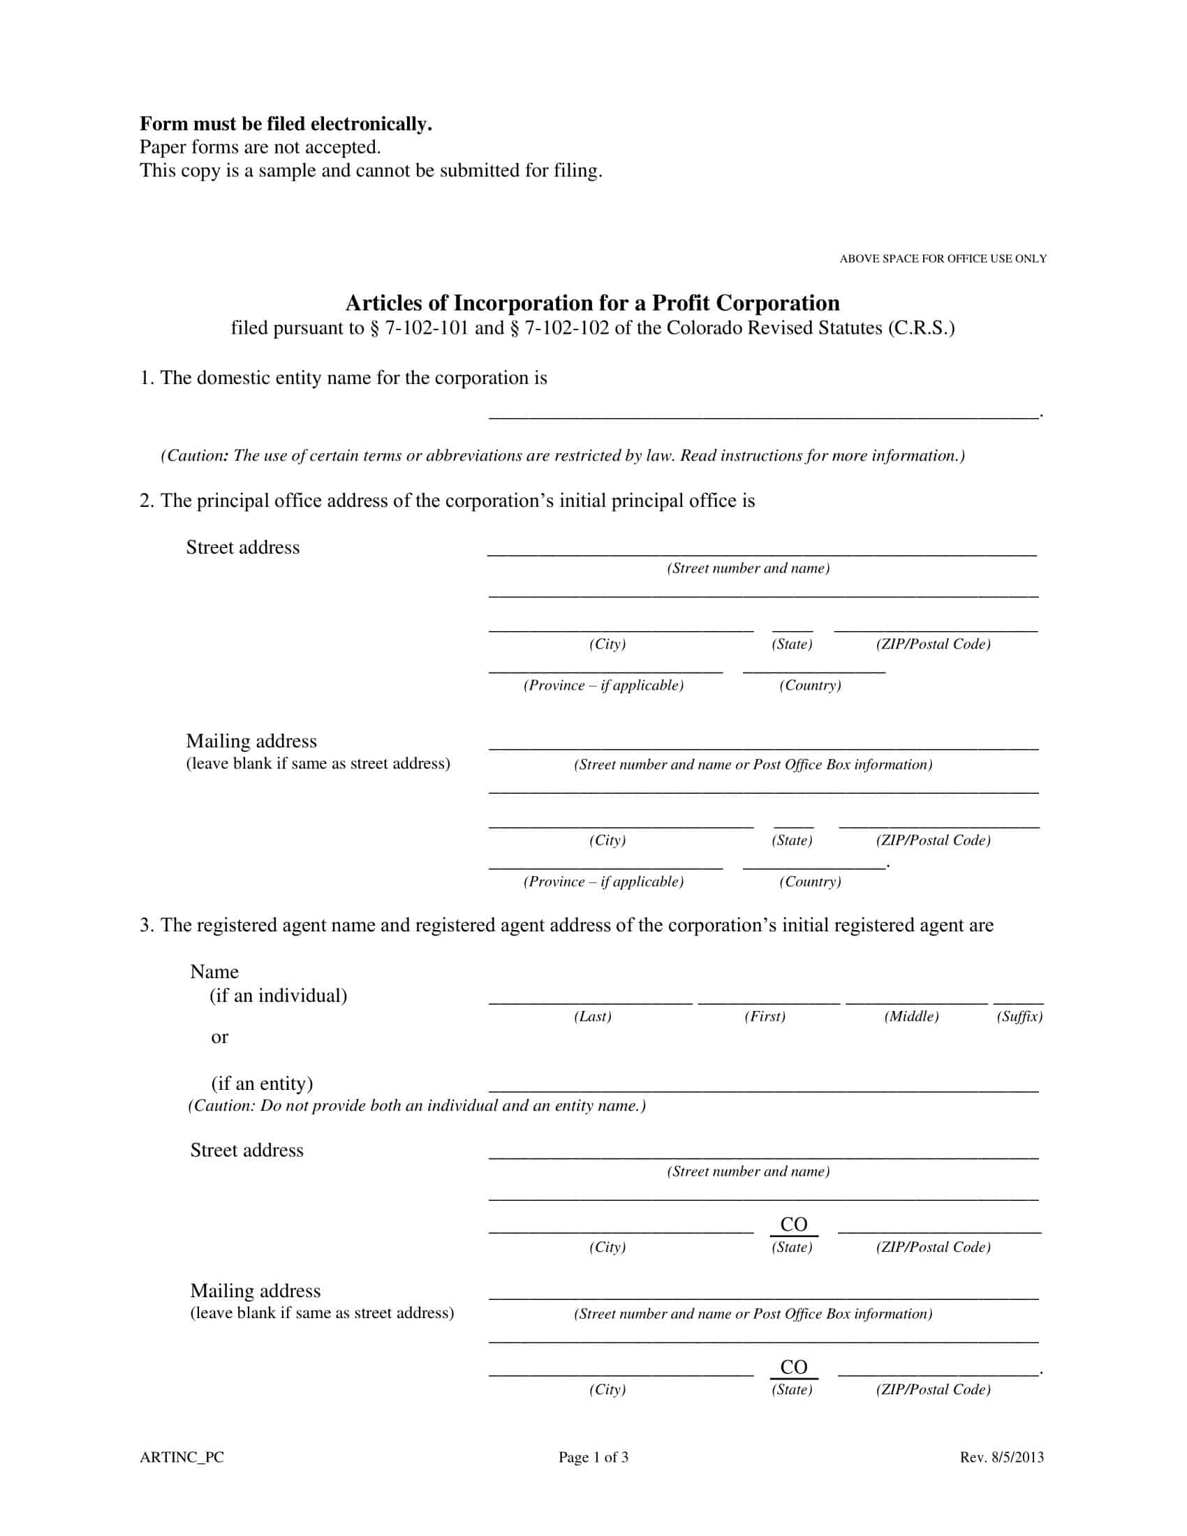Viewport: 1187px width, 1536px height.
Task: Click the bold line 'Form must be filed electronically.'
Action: pos(286,124)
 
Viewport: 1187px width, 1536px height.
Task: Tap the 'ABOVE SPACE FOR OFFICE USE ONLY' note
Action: pos(943,259)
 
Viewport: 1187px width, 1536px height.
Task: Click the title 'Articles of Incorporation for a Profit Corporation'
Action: pos(592,303)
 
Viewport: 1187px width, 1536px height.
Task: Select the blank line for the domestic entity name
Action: pos(763,415)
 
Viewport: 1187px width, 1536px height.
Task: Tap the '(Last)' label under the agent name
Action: pos(592,1017)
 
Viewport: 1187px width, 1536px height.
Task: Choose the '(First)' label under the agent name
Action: pos(765,1017)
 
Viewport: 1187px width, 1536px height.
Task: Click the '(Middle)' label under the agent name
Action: pos(911,1017)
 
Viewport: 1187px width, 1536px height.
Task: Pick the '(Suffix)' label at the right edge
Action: pos(1019,1017)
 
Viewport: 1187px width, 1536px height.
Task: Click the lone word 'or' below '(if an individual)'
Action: pos(219,1037)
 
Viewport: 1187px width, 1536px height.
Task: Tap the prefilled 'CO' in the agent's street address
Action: pos(794,1225)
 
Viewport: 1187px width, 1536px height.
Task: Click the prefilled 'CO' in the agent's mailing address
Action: pos(794,1367)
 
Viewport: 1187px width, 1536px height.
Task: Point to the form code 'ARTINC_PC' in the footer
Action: pos(182,1457)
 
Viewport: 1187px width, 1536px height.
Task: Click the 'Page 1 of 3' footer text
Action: pos(593,1457)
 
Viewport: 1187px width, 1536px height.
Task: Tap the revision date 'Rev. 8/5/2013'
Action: pos(1001,1457)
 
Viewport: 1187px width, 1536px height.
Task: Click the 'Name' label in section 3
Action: pos(214,972)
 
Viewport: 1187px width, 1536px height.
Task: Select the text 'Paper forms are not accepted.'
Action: pos(260,147)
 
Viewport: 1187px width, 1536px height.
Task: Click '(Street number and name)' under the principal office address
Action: pos(749,568)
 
